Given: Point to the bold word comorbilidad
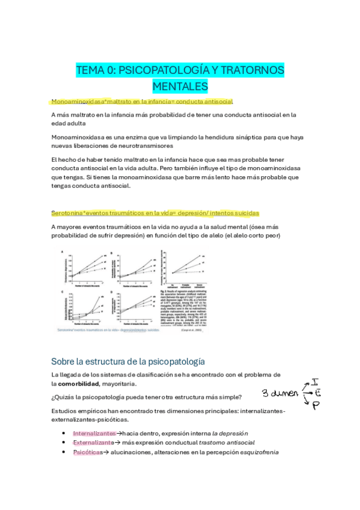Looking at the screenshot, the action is click(84, 383).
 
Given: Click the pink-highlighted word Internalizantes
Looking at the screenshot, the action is click(94, 433).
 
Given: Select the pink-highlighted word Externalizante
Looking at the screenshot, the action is click(93, 443).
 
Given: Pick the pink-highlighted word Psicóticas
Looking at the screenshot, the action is click(88, 452).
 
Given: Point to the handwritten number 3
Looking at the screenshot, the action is click(265, 394).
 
